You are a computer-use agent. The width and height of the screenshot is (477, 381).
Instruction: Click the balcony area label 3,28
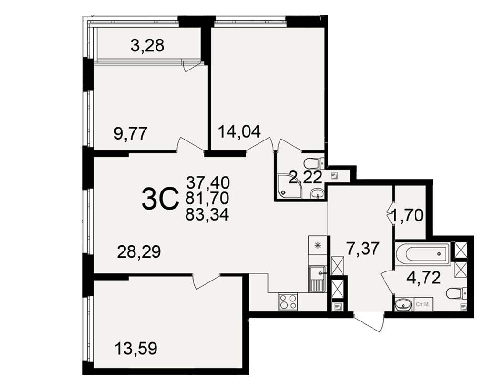pyautogui.click(x=147, y=46)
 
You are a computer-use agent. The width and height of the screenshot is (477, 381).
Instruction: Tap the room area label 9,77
pyautogui.click(x=131, y=133)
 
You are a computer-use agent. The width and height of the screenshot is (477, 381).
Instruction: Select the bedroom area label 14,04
pyautogui.click(x=239, y=131)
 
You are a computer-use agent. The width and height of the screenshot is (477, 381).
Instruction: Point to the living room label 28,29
pyautogui.click(x=139, y=252)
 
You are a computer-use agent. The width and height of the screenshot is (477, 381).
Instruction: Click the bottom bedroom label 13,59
pyautogui.click(x=136, y=348)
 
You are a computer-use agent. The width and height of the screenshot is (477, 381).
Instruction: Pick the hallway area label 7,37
pyautogui.click(x=363, y=248)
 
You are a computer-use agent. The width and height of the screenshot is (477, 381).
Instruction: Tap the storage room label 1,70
pyautogui.click(x=407, y=216)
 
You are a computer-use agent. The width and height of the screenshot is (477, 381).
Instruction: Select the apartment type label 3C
pyautogui.click(x=160, y=199)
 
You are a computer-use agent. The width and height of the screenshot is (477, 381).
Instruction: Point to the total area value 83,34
pyautogui.click(x=207, y=215)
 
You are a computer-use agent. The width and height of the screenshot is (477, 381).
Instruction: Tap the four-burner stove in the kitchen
pyautogui.click(x=288, y=302)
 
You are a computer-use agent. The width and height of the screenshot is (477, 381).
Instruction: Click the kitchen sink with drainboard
pyautogui.click(x=318, y=279)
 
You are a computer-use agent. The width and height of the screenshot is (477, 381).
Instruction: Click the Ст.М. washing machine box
pyautogui.click(x=423, y=304)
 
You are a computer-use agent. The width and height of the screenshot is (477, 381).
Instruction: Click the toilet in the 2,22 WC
pyautogui.click(x=314, y=163)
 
